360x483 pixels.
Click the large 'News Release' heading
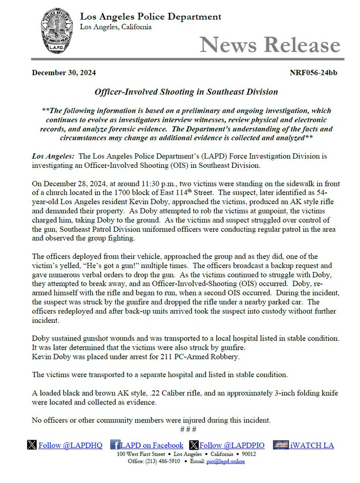(x=270, y=44)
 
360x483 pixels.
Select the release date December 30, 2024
(x=64, y=73)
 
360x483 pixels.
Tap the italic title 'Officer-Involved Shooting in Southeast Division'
(x=186, y=92)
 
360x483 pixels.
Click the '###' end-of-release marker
(x=188, y=429)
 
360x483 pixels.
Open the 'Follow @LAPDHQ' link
(x=70, y=445)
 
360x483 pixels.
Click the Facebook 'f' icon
(x=115, y=445)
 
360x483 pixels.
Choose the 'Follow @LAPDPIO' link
(x=232, y=445)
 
